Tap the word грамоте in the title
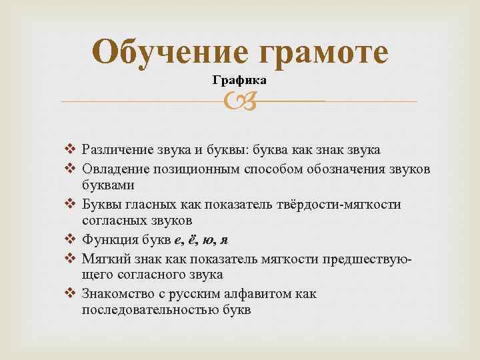[321, 51]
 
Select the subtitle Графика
[239, 81]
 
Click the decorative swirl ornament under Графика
[239, 101]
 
